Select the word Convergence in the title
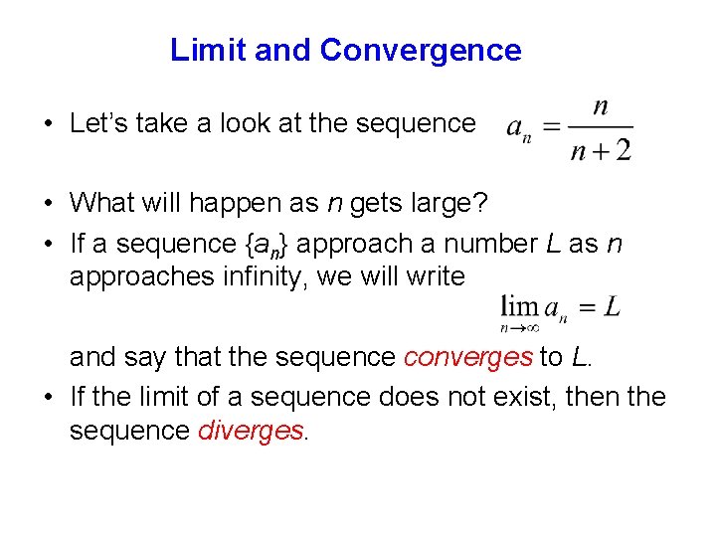[421, 50]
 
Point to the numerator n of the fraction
[601, 106]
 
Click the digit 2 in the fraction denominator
[623, 150]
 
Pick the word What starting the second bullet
[100, 203]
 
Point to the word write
[436, 275]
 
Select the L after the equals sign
[612, 305]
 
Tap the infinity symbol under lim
[532, 326]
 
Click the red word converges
[468, 356]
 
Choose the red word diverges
[251, 430]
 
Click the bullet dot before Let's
[48, 124]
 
